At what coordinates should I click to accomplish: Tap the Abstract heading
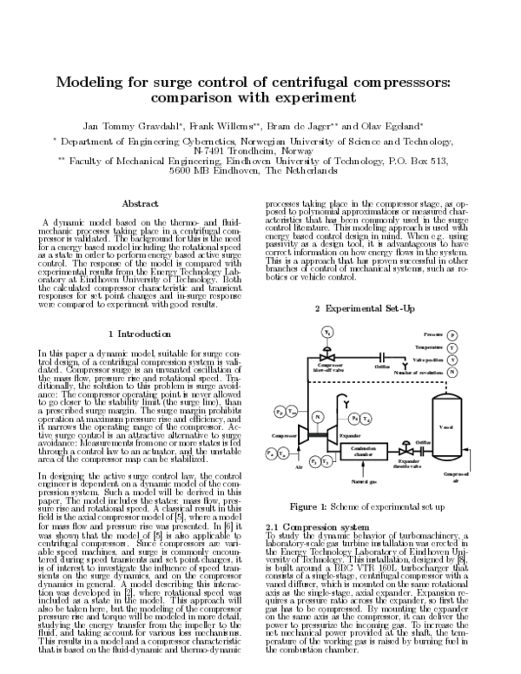tap(139, 203)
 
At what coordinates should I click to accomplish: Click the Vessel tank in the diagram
tap(447, 426)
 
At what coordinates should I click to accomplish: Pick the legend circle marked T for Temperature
tap(477, 347)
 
